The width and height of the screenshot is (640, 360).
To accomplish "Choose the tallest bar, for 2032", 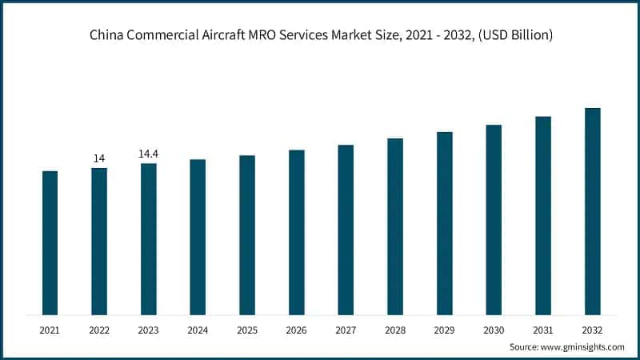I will [x=592, y=211].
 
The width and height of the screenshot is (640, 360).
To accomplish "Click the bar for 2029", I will [x=445, y=223].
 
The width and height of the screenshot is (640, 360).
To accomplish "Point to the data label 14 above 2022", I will [x=99, y=158].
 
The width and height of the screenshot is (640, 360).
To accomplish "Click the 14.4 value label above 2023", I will [x=149, y=154].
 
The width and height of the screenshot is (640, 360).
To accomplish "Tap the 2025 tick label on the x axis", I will [x=247, y=329].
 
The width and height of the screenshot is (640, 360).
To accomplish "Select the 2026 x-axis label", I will [x=297, y=329].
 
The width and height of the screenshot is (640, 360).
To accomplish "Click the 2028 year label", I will [x=395, y=329].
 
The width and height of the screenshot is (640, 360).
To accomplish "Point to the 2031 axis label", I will [x=543, y=329].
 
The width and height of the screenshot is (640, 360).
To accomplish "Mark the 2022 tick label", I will [x=99, y=329].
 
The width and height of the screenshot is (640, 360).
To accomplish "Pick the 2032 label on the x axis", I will [x=592, y=329].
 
